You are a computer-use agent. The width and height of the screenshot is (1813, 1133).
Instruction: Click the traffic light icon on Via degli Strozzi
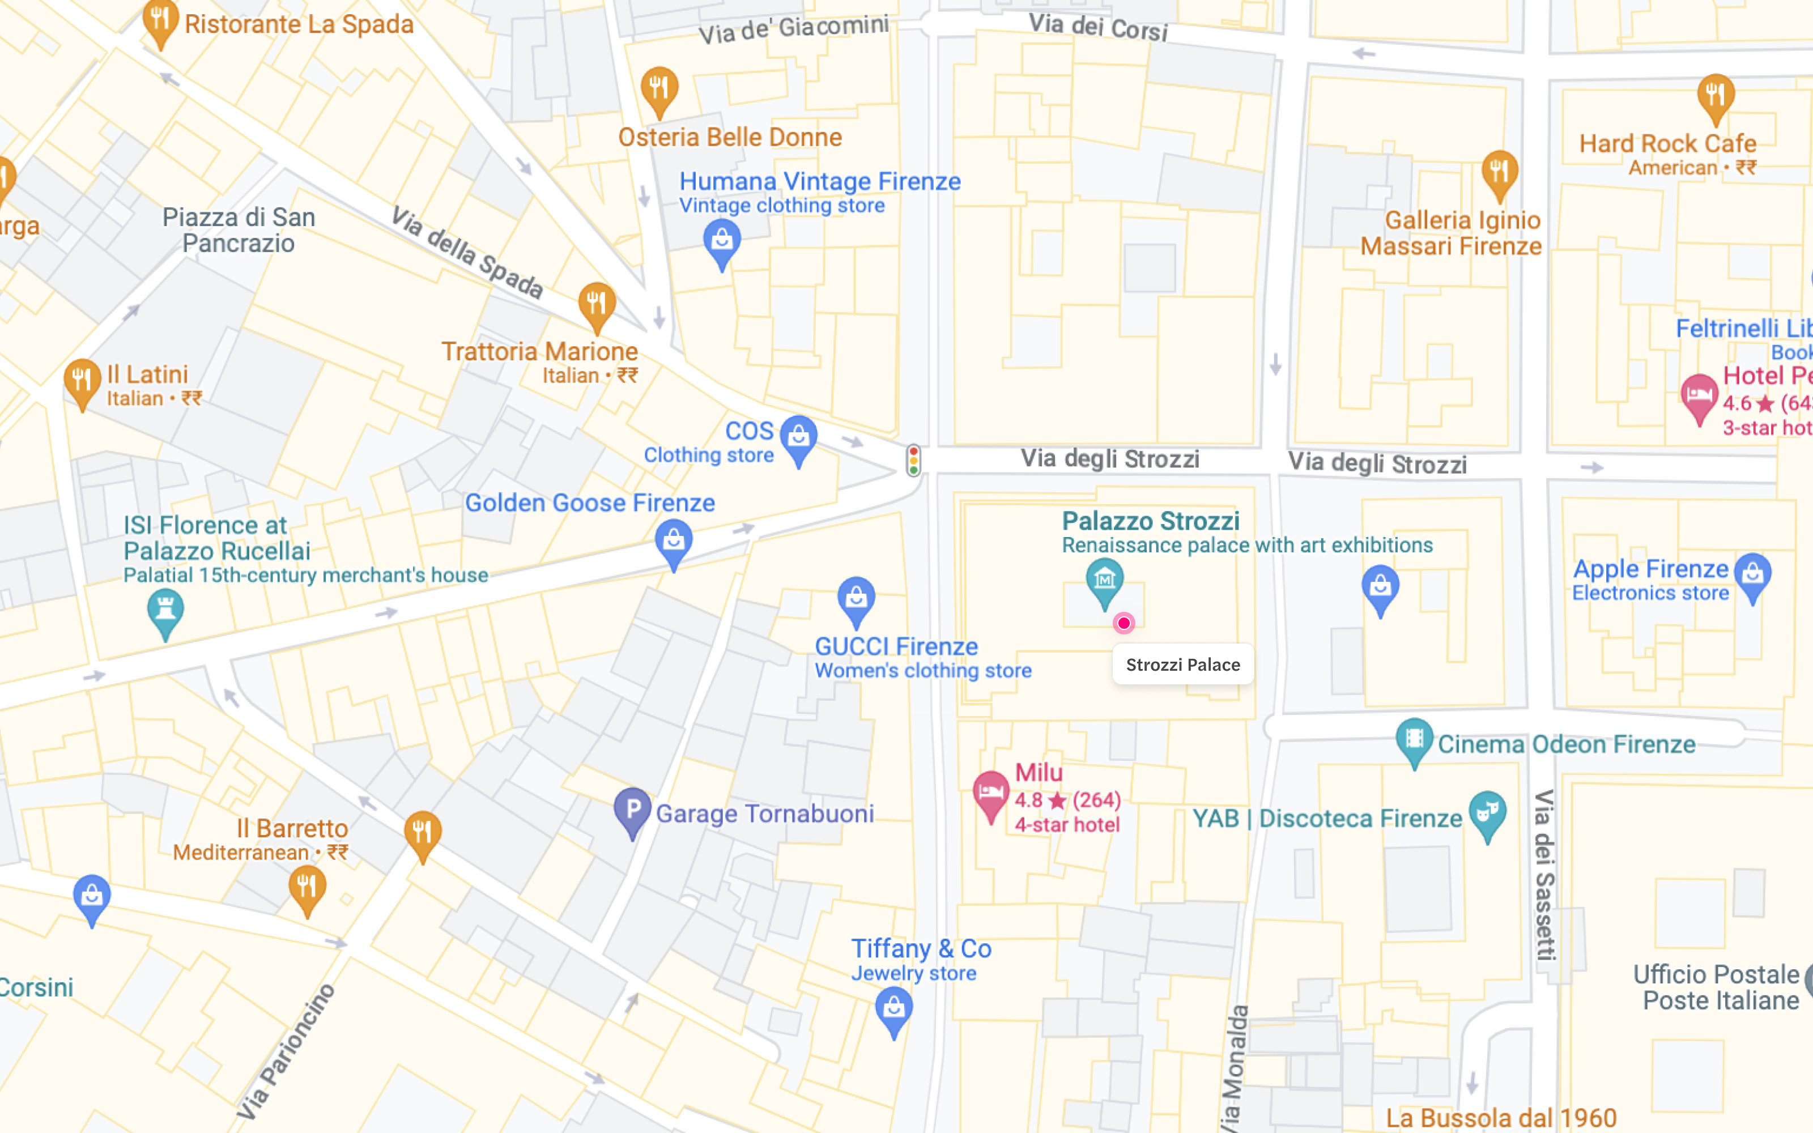point(913,460)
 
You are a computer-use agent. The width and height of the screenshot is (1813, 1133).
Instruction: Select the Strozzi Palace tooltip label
point(1182,665)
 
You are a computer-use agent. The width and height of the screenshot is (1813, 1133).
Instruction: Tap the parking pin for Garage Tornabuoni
point(632,810)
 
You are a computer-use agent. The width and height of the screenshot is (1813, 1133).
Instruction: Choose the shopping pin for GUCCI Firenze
point(856,599)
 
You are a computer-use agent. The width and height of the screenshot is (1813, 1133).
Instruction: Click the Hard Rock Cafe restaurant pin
point(1716,96)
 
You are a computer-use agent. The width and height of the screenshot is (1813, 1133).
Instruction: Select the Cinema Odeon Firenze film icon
point(1414,740)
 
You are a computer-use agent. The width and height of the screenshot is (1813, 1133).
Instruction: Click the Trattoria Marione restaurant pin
point(597,304)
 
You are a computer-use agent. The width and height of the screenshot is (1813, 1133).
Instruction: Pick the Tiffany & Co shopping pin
point(894,1008)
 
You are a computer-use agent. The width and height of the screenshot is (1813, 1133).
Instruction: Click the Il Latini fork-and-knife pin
point(82,381)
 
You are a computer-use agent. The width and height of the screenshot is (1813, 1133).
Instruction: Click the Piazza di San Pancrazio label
point(238,230)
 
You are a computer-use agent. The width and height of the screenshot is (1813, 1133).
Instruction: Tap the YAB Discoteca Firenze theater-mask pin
point(1487,813)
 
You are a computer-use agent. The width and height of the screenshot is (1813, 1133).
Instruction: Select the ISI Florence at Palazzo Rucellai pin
point(165,611)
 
